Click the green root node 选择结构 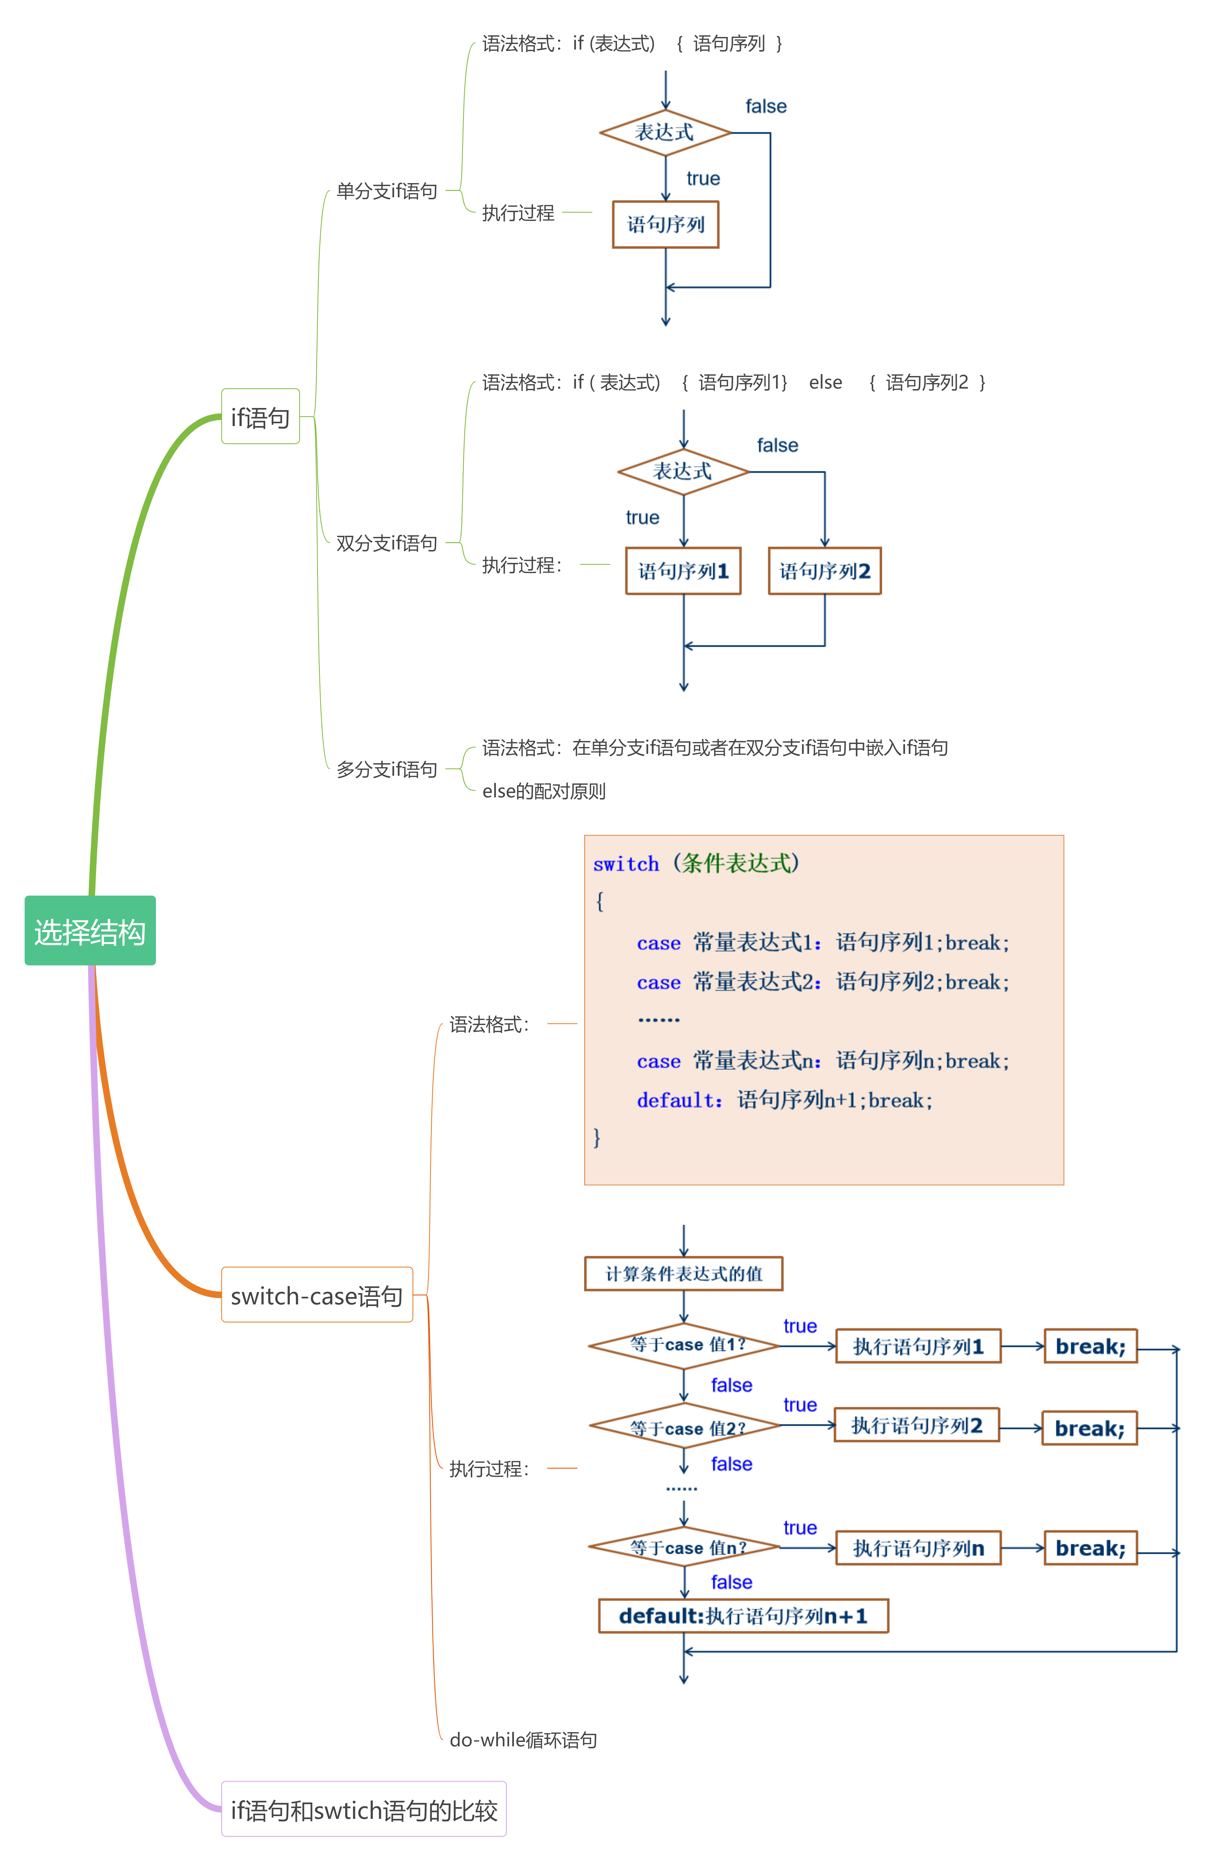click(x=90, y=930)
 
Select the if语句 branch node click(x=260, y=417)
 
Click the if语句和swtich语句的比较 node click(x=364, y=1809)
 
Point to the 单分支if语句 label click(x=386, y=191)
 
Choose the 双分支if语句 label click(x=386, y=543)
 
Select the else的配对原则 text click(x=543, y=791)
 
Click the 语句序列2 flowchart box click(x=825, y=571)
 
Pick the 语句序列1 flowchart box click(x=683, y=571)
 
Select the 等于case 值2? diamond click(x=685, y=1427)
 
